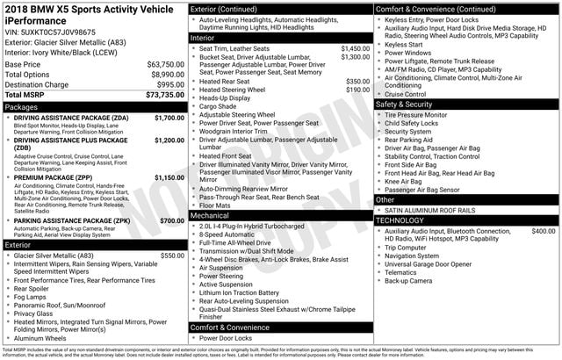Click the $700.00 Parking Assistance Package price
(172, 220)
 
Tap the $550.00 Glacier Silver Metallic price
(172, 256)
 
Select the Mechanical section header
(210, 214)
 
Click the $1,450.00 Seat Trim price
(355, 48)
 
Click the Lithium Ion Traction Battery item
(239, 292)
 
